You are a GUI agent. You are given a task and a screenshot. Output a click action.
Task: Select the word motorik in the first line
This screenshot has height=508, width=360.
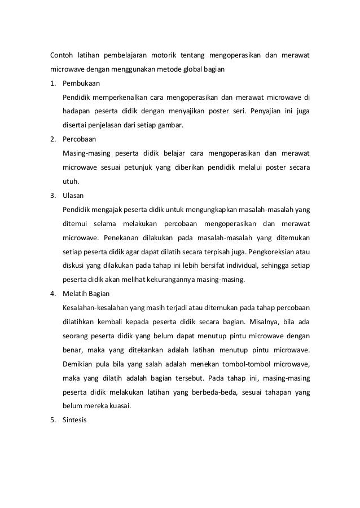point(163,55)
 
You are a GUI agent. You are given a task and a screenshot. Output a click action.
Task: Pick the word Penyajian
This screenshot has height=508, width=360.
point(265,111)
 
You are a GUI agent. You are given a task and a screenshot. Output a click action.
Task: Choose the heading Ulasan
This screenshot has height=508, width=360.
point(74,195)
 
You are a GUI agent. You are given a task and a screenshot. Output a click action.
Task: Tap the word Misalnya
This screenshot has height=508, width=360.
point(265,322)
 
